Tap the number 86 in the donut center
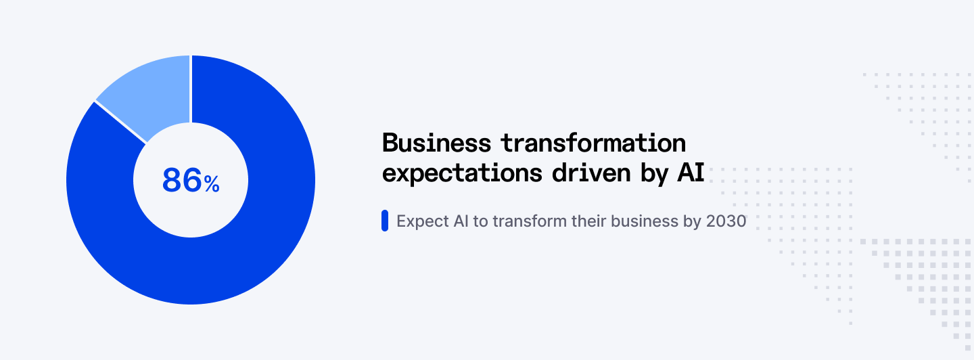point(182,181)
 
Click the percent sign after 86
point(212,183)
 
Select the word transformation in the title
point(593,143)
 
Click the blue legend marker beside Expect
point(385,221)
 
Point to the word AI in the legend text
point(460,221)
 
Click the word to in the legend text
point(480,221)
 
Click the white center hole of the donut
point(191,210)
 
